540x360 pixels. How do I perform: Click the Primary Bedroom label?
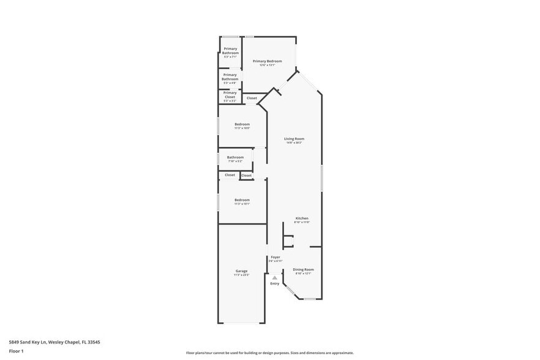268,61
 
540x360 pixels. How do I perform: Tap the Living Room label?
294,139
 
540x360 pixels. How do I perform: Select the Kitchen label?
302,219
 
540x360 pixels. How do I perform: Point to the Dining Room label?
303,269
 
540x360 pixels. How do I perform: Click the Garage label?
241,271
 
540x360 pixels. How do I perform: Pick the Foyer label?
276,257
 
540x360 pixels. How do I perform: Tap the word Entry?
275,283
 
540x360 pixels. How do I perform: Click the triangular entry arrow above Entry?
275,277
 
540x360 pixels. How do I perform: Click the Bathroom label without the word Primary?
235,157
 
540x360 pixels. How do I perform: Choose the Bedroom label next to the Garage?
242,200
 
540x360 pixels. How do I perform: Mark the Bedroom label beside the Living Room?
242,124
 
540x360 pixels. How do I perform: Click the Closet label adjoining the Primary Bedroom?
252,98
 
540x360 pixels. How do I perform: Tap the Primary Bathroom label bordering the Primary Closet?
230,77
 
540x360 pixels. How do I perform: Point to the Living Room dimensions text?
294,143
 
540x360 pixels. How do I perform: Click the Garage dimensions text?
241,276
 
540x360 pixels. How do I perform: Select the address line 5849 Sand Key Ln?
54,342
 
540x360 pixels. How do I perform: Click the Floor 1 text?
16,351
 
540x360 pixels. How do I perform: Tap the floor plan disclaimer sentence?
270,353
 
